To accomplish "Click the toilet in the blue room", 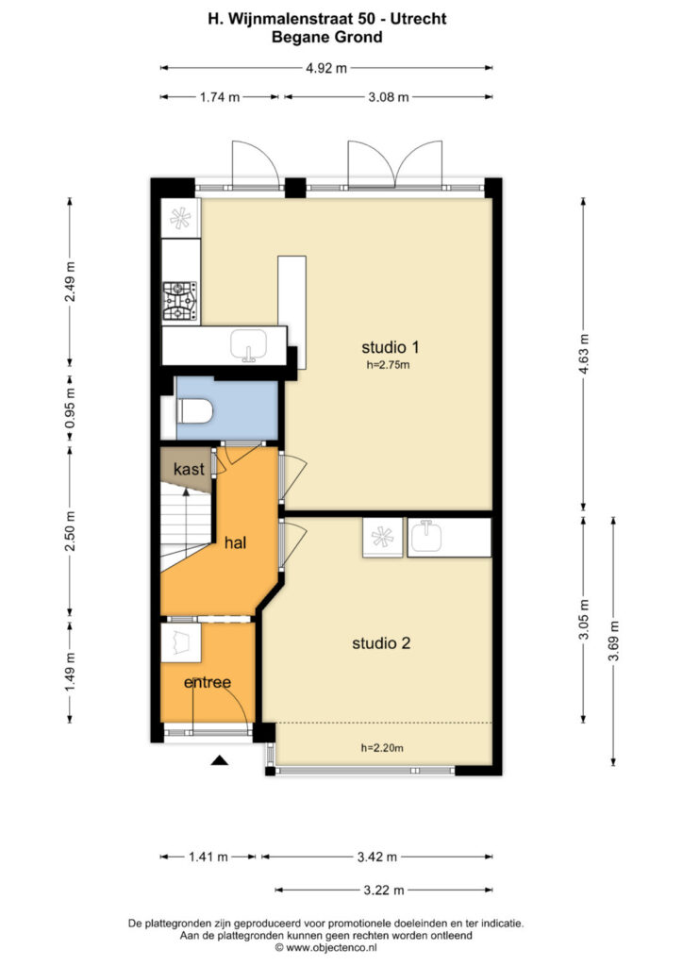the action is tap(195, 411).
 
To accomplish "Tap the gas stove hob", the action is tap(180, 302).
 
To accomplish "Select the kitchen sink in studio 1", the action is tap(248, 345).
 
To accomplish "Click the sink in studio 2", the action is tap(426, 537).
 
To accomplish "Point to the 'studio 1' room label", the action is tap(390, 347).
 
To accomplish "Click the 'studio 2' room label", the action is tap(380, 643).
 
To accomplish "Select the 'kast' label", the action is tap(189, 469).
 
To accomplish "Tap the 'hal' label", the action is tap(235, 542).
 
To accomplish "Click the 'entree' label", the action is tap(208, 682).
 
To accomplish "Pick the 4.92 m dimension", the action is tap(326, 68).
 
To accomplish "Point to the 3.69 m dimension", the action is tap(613, 641).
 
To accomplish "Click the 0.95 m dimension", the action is tap(70, 408).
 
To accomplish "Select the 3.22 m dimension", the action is tap(384, 890).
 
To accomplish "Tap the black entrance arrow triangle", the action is tap(219, 761).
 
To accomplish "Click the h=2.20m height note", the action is tap(382, 748).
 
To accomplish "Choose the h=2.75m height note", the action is tap(388, 365).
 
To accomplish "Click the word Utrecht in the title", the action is tap(419, 19).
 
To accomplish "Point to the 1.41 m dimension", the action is tap(208, 857).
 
